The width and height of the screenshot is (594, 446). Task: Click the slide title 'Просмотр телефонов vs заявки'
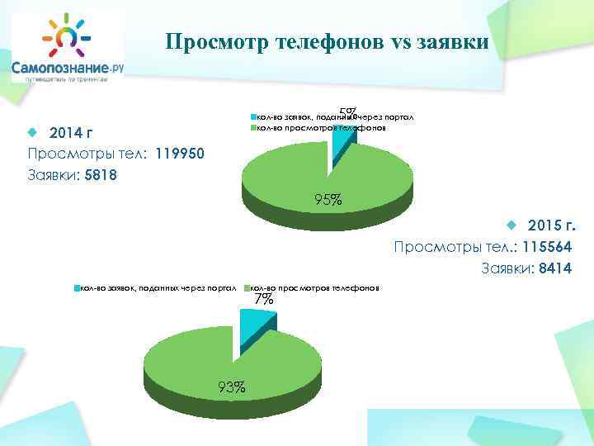tap(327, 42)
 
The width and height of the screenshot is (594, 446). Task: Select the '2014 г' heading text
tap(71, 134)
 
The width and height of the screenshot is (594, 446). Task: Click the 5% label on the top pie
tap(347, 111)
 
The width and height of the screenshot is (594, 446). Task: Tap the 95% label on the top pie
tap(328, 200)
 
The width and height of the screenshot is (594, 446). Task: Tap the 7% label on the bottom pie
tap(263, 299)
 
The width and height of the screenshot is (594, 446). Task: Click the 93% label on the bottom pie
tap(231, 387)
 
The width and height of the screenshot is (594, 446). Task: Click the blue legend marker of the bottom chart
tap(77, 288)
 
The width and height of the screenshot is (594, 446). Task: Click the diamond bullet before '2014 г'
tap(33, 133)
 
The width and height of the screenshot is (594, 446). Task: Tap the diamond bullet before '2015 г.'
tap(511, 225)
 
